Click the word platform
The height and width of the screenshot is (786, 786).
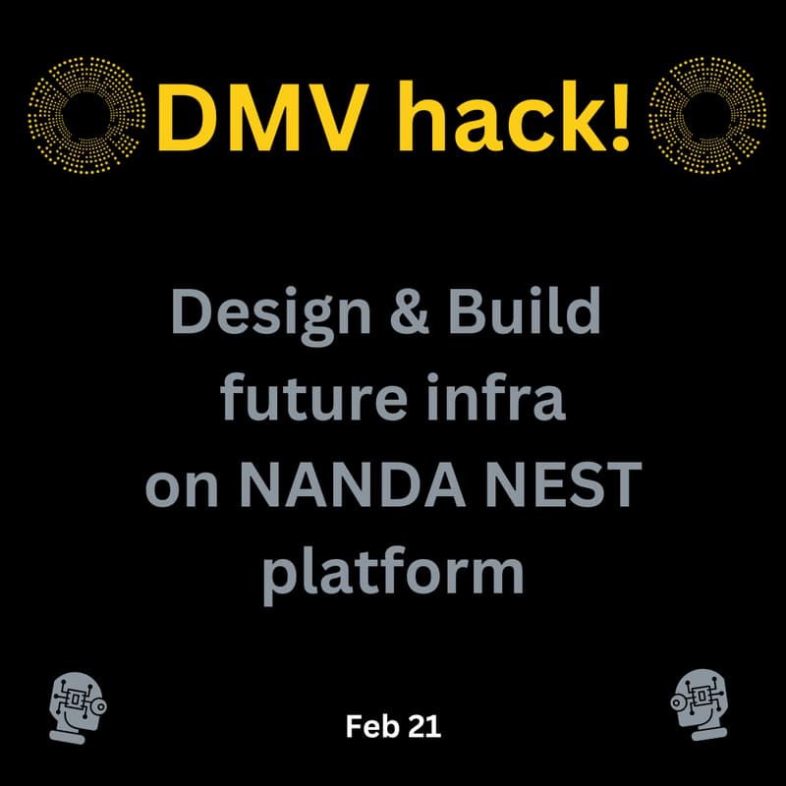(x=393, y=576)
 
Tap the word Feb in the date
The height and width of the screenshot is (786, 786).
(x=368, y=727)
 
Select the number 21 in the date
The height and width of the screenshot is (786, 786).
(x=423, y=727)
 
